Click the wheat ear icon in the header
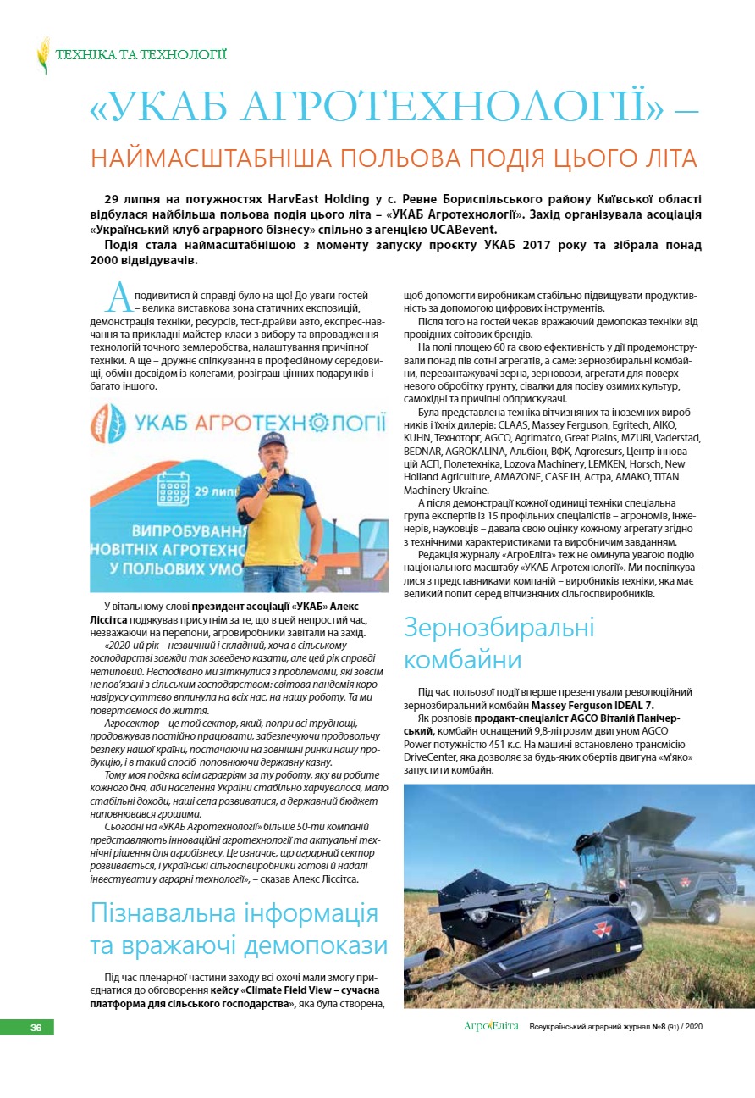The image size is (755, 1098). click(x=43, y=55)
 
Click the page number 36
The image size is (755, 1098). click(x=36, y=1028)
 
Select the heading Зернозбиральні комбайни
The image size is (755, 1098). click(x=499, y=644)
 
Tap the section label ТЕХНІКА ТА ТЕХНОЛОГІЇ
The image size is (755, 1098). click(x=141, y=55)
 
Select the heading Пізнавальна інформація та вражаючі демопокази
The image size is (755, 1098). click(x=239, y=929)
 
